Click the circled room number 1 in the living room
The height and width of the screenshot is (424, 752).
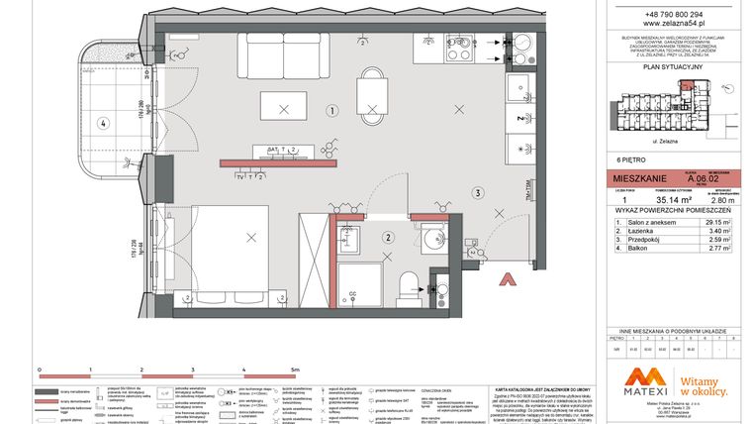pyautogui.click(x=332, y=111)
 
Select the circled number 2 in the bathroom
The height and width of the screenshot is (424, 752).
pyautogui.click(x=389, y=237)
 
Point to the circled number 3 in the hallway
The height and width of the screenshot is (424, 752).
pyautogui.click(x=476, y=193)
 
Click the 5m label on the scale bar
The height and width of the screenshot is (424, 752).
pyautogui.click(x=294, y=369)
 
